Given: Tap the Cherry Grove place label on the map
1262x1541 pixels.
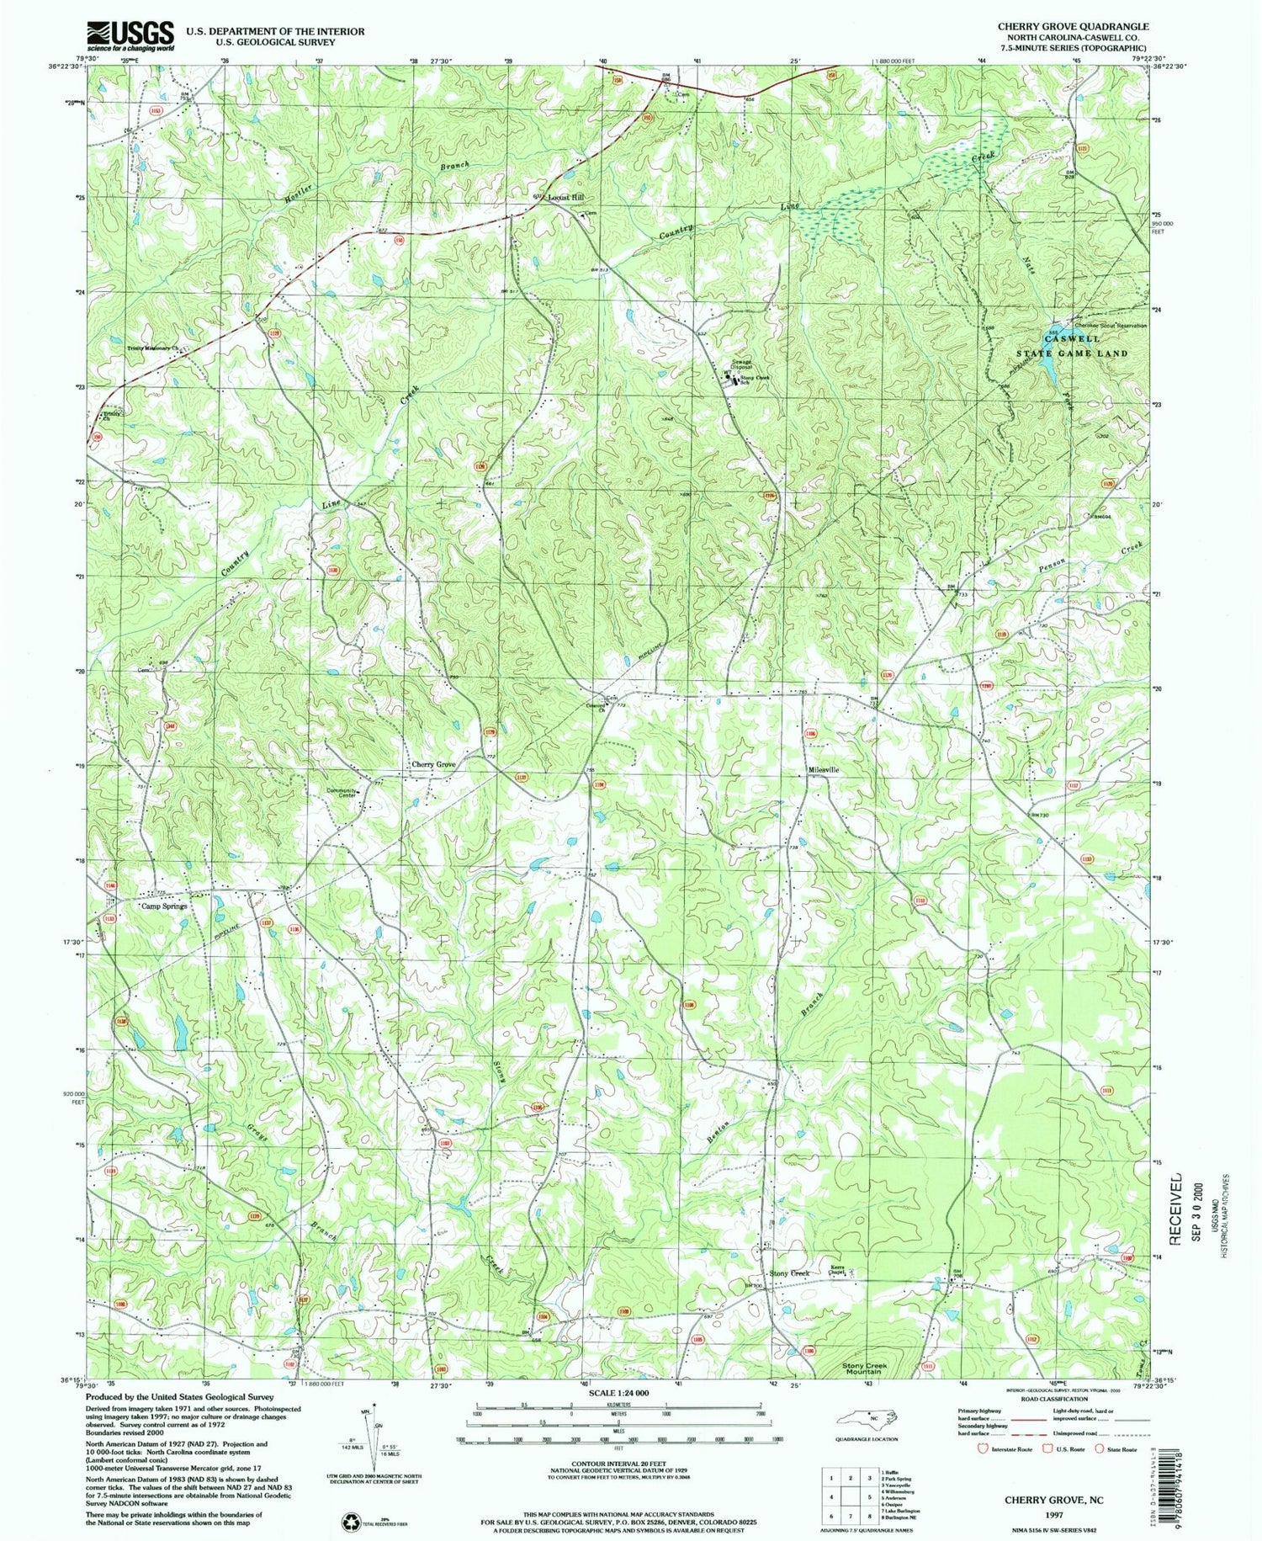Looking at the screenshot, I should (x=433, y=765).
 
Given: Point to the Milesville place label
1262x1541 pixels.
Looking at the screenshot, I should (x=823, y=770).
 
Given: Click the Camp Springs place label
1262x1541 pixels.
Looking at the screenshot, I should (x=164, y=906).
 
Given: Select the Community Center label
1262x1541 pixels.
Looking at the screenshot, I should (x=343, y=793).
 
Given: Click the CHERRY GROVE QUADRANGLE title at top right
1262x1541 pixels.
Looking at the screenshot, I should (x=1073, y=27).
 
